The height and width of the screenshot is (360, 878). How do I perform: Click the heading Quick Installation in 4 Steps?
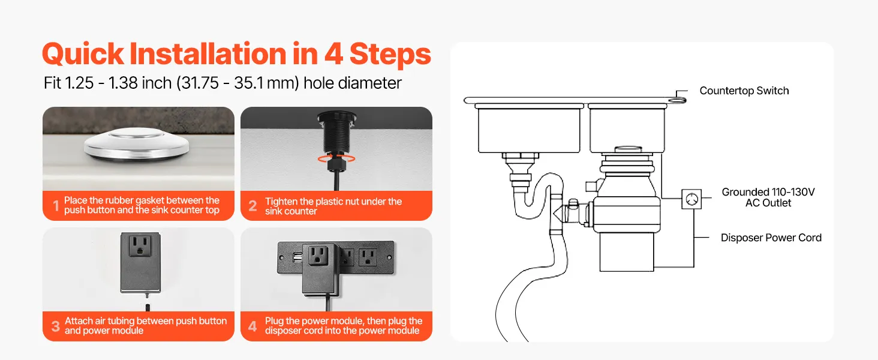point(236,54)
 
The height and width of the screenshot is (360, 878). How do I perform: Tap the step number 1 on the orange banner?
point(56,206)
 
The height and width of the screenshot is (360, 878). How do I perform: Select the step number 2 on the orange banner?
point(253,206)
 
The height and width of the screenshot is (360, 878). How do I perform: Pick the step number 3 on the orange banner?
point(56,326)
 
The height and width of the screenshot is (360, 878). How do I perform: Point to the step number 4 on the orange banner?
point(252,326)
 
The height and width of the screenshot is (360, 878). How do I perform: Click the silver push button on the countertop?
point(136,145)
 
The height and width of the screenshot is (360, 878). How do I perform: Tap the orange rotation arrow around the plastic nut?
point(336,158)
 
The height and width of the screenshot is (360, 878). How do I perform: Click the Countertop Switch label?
point(744,91)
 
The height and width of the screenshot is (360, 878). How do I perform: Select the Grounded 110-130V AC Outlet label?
point(768,197)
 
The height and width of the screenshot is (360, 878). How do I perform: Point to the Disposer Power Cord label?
point(771,238)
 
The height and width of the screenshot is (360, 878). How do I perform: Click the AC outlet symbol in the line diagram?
point(691,199)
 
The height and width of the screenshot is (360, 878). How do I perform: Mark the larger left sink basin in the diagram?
point(529,130)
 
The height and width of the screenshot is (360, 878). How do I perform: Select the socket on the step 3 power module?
point(140,246)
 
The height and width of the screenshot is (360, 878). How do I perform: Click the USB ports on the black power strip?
point(297,257)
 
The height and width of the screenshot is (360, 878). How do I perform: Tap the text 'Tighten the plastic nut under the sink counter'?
point(333,206)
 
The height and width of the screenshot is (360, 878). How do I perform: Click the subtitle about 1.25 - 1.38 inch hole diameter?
point(222,83)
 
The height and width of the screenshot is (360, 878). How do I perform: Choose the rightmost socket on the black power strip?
point(368,257)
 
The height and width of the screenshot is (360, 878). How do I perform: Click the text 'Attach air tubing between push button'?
point(145,321)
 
